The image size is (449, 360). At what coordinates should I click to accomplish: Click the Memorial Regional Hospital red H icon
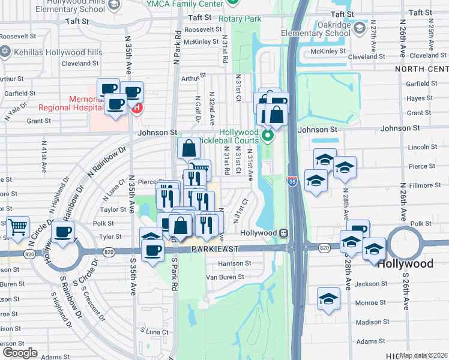click(x=137, y=109)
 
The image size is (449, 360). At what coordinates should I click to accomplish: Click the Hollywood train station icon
click(x=283, y=233)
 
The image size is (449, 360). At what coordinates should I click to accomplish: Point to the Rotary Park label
click(x=246, y=19)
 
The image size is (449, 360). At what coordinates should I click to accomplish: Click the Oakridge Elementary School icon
click(x=358, y=28)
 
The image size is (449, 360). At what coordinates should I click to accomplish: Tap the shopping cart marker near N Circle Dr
click(x=18, y=226)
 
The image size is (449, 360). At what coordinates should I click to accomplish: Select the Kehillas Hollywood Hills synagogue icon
click(x=7, y=52)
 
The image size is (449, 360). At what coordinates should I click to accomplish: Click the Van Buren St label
click(x=224, y=277)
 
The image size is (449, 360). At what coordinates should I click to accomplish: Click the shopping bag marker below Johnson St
click(x=188, y=148)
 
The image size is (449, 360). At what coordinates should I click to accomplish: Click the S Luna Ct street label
click(x=154, y=331)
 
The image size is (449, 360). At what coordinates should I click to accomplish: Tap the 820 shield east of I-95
click(x=324, y=247)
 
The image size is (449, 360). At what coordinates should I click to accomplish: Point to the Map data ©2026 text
click(x=424, y=355)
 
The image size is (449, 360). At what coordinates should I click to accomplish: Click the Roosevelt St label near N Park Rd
click(x=203, y=29)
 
